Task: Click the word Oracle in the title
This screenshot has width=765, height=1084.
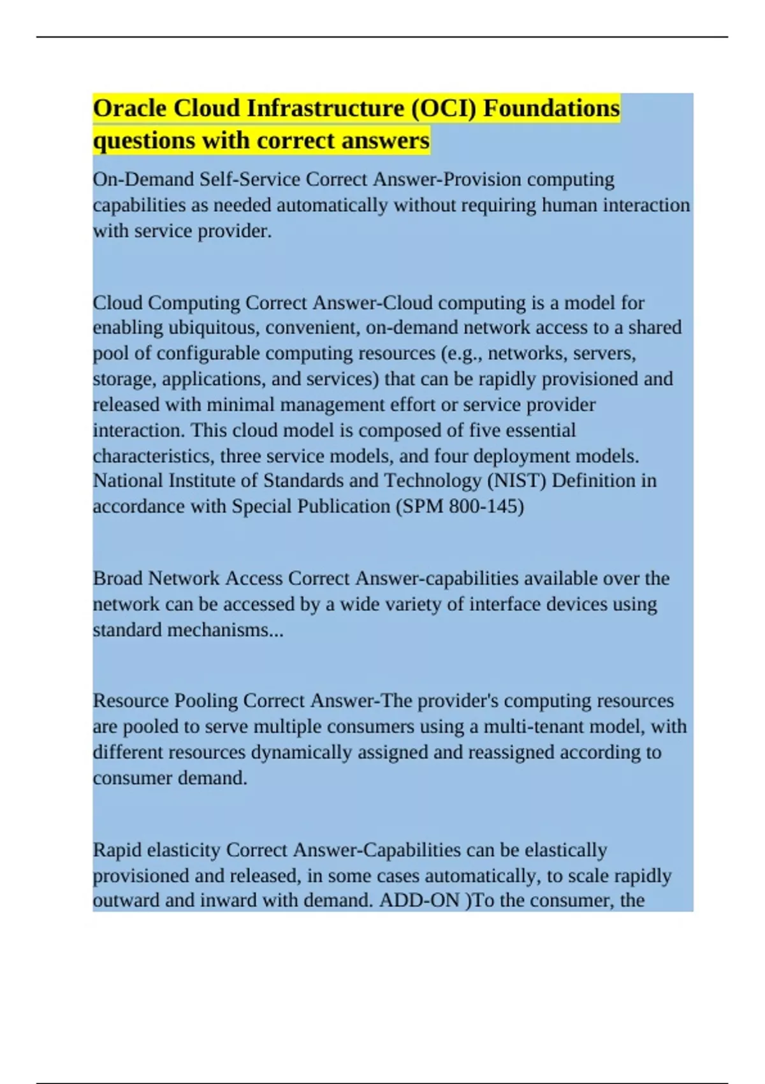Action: (130, 108)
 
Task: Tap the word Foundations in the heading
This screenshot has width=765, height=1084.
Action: (551, 108)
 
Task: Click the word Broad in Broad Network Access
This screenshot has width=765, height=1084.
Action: (118, 578)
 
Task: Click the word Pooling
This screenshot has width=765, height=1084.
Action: (207, 701)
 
